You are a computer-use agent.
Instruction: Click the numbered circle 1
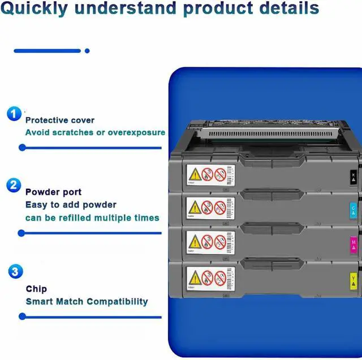[14, 114]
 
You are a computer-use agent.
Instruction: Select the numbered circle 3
[16, 272]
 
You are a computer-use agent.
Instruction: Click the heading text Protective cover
[60, 120]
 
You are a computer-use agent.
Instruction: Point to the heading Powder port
[53, 192]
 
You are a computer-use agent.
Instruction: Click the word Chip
[36, 289]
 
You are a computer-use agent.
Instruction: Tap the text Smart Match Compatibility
[87, 301]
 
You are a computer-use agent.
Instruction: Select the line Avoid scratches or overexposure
[95, 132]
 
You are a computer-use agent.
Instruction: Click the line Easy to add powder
[71, 204]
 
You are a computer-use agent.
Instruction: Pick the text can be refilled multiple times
[92, 217]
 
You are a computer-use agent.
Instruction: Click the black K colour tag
[354, 177]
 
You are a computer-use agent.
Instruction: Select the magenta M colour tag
[354, 244]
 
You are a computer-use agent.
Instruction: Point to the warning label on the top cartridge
[210, 174]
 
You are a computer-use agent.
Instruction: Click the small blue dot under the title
[87, 51]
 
